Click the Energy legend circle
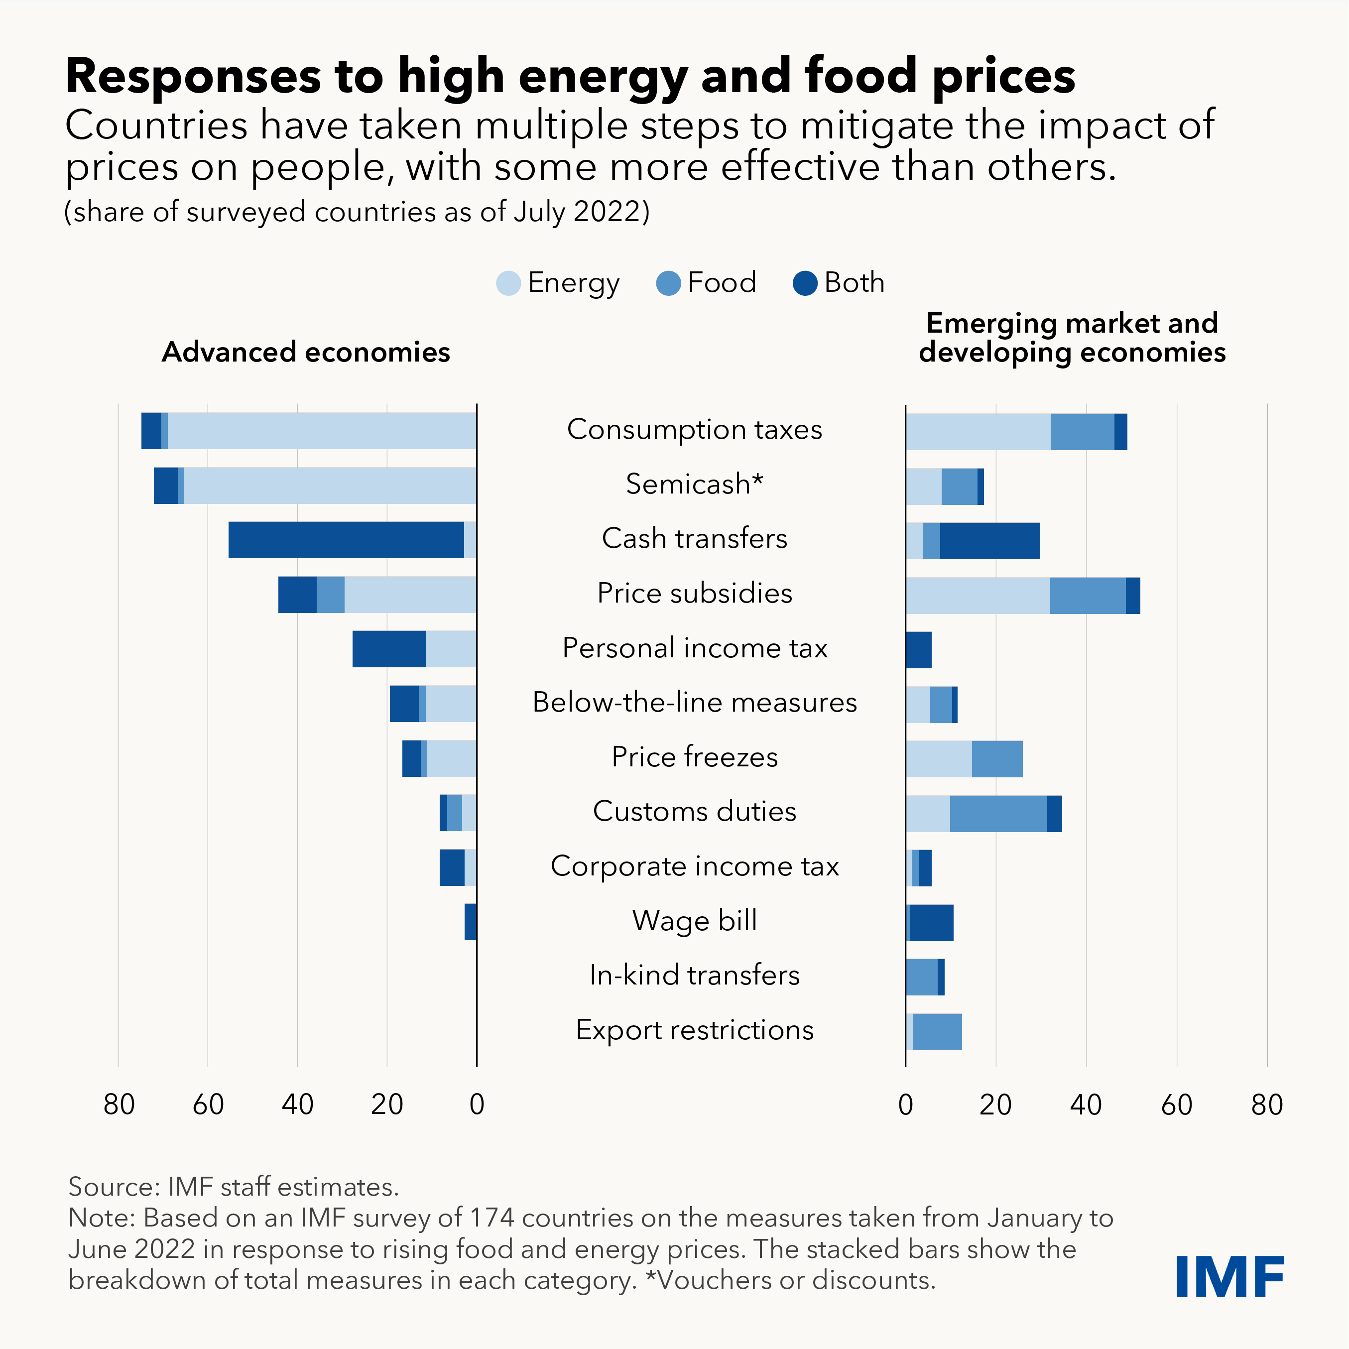(508, 283)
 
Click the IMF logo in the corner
(1229, 1276)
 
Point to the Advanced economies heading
(306, 352)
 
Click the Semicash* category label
(694, 484)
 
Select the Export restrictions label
(694, 1030)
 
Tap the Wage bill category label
(694, 920)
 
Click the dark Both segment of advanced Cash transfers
(346, 540)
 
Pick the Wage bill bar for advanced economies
(471, 922)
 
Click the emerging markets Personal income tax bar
(919, 649)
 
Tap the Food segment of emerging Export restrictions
(937, 1032)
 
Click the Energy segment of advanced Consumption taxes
(321, 431)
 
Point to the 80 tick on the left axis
(119, 1104)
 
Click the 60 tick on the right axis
(1177, 1104)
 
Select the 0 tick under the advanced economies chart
(477, 1104)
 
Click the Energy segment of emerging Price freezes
(939, 759)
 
